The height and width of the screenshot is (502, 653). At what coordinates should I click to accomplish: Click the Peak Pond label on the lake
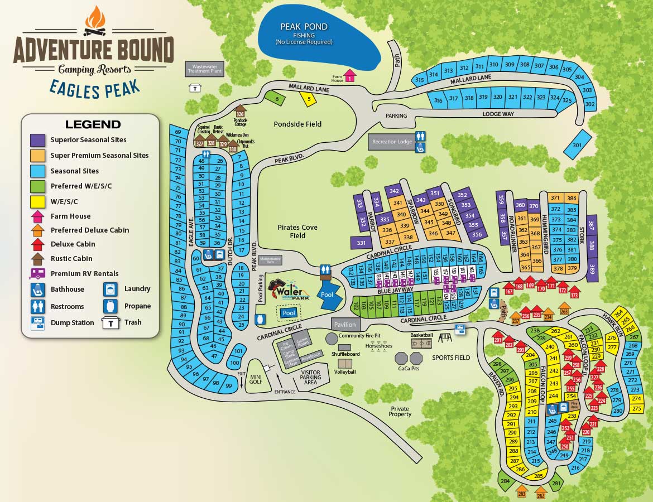tap(304, 27)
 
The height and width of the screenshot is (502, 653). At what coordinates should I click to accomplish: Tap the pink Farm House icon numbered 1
tap(349, 76)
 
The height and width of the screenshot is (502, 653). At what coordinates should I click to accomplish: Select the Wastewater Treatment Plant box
tap(204, 69)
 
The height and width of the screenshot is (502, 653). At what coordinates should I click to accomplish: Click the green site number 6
tap(276, 99)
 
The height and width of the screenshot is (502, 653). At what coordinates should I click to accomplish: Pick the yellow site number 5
tap(308, 99)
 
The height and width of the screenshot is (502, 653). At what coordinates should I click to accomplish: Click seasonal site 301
tap(577, 144)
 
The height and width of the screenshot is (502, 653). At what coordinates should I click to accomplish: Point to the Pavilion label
tap(344, 324)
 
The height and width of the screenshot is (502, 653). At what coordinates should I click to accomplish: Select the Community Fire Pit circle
tap(332, 337)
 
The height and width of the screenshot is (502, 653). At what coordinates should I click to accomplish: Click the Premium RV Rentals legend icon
tap(37, 273)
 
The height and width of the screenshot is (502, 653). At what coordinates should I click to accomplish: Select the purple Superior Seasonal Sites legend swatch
tap(37, 140)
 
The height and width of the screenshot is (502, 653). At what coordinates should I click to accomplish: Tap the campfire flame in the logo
tap(94, 20)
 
